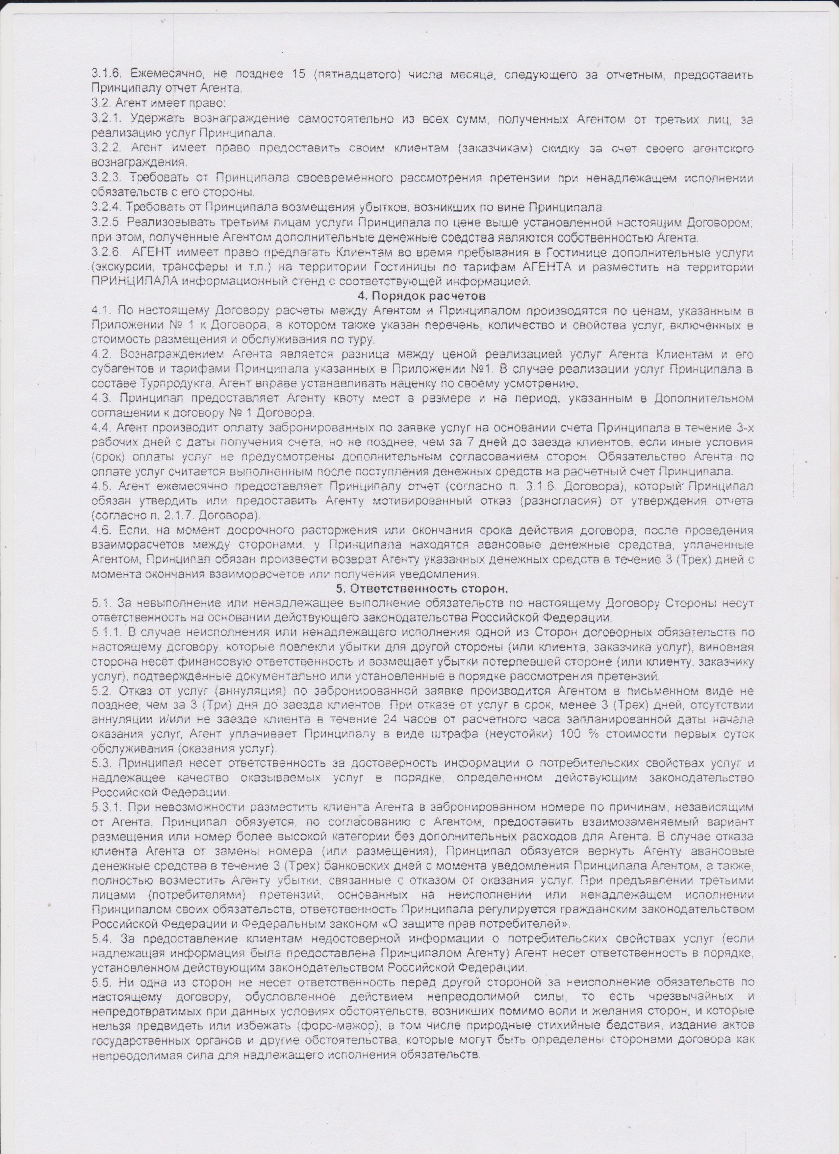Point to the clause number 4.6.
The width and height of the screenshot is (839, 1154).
(x=102, y=530)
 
